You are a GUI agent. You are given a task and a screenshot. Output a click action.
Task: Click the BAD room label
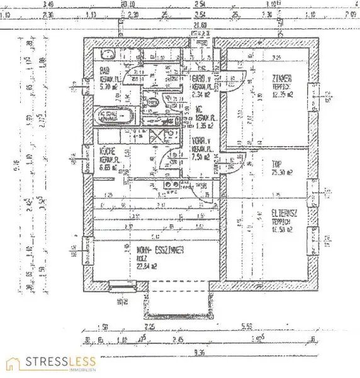point(104,71)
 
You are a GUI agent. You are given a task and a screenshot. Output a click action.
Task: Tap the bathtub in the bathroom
point(114,116)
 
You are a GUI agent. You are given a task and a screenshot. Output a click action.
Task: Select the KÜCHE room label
point(106,151)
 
